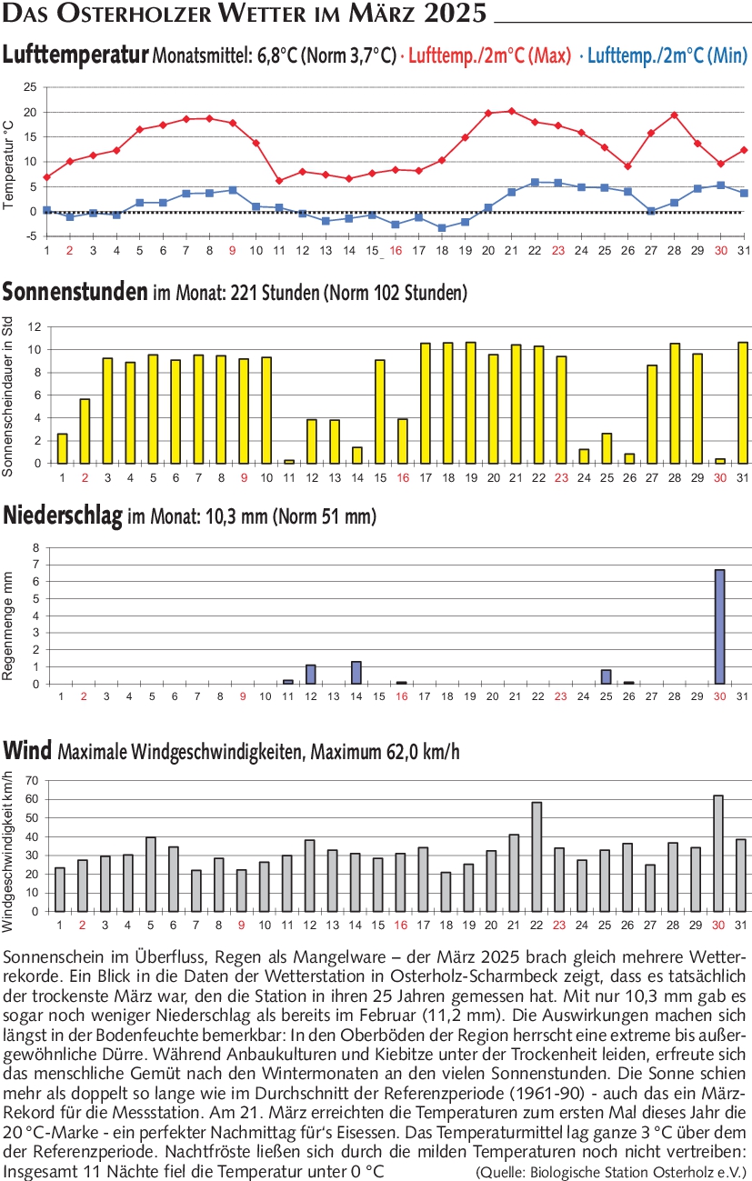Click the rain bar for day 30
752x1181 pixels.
pyautogui.click(x=719, y=626)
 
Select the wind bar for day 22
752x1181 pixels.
pyautogui.click(x=536, y=856)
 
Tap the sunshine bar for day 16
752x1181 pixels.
pyautogui.click(x=402, y=441)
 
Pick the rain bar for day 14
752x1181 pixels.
pyautogui.click(x=356, y=672)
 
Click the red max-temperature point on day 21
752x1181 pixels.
pyautogui.click(x=512, y=111)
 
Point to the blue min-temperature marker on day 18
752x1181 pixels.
pyautogui.click(x=442, y=228)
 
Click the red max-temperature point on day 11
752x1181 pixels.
pyautogui.click(x=279, y=181)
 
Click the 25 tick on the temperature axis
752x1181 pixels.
pyautogui.click(x=30, y=87)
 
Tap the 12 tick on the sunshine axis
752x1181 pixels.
pyautogui.click(x=35, y=327)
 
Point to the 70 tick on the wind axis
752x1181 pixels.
pyautogui.click(x=32, y=780)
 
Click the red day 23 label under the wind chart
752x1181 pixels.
pyautogui.click(x=559, y=925)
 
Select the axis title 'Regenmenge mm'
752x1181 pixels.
pyautogui.click(x=7, y=626)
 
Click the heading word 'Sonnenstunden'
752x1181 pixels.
pyautogui.click(x=75, y=292)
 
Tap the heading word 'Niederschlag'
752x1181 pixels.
pyautogui.click(x=63, y=516)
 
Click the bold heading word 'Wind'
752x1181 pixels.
pyautogui.click(x=27, y=750)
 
